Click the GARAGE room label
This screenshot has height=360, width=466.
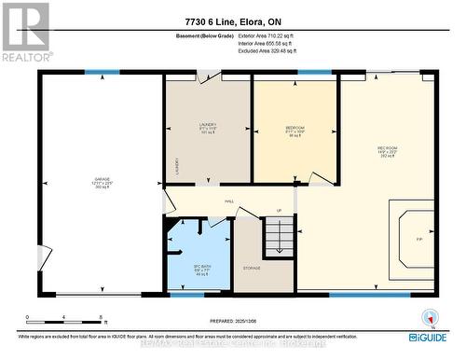click(x=102, y=181)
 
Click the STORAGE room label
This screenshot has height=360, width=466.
click(x=252, y=269)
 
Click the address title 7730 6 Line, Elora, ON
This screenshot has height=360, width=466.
click(x=232, y=21)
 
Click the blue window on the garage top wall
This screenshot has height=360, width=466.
click(x=96, y=72)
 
